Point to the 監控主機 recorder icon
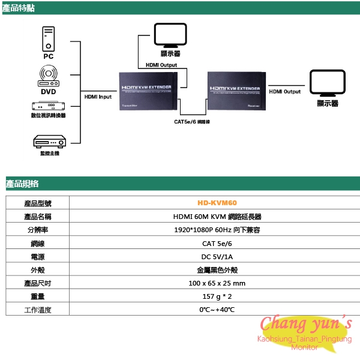pos(49,142)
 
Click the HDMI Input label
pos(97,96)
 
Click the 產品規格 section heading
pos(22,184)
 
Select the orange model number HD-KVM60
pos(217,204)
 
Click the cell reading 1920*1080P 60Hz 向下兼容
pos(217,230)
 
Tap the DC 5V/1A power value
pos(217,257)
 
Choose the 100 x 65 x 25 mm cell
pos(217,283)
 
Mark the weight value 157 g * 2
pos(217,296)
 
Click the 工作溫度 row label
pos(37,310)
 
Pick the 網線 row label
pos(37,244)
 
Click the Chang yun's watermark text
pos(306,324)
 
